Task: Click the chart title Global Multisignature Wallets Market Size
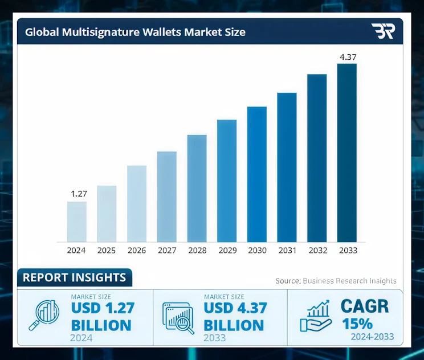(135, 32)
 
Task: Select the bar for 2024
(77, 222)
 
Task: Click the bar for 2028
(197, 188)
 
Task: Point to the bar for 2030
(256, 174)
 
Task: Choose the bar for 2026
(137, 203)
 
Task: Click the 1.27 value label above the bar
(78, 194)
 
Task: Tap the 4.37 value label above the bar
(347, 56)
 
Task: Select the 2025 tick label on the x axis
(107, 250)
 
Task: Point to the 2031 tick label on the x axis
(287, 250)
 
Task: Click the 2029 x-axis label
(227, 250)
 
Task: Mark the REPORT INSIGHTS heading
(74, 278)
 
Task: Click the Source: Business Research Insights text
(336, 281)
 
